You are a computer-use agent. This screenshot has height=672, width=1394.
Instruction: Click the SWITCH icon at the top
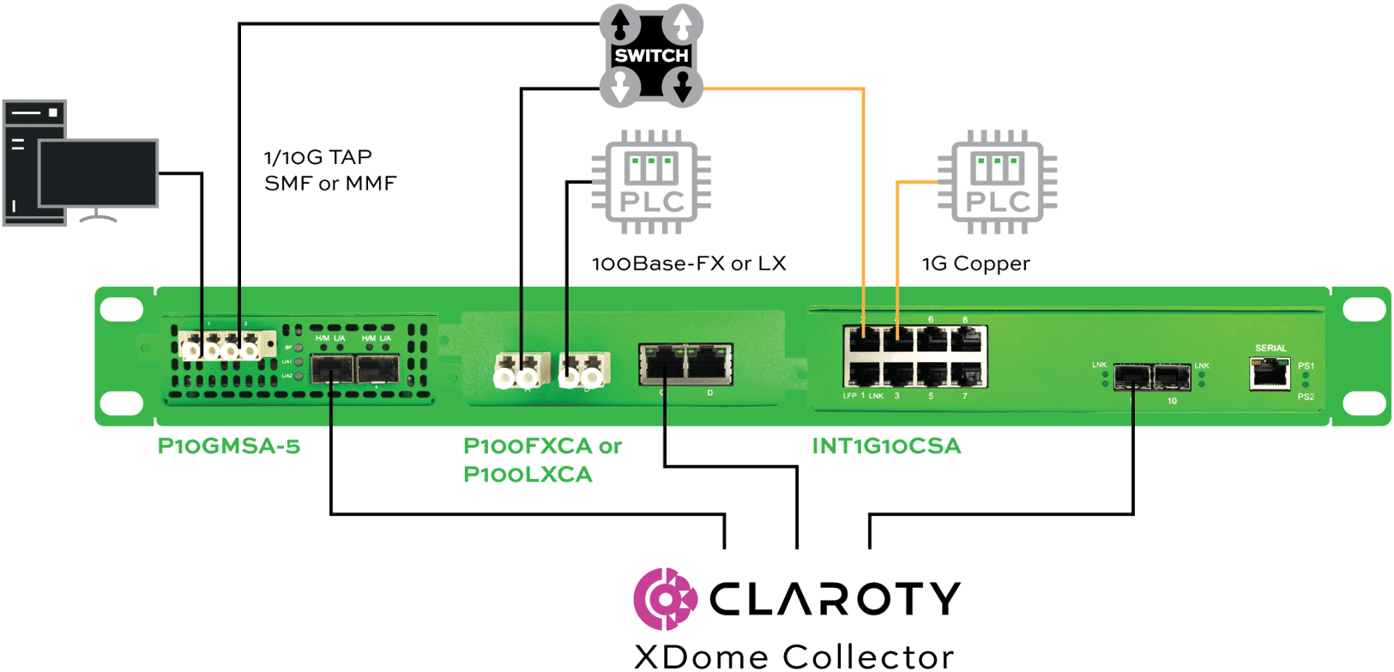pyautogui.click(x=651, y=56)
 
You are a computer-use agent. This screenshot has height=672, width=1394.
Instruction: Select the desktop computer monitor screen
pyautogui.click(x=99, y=173)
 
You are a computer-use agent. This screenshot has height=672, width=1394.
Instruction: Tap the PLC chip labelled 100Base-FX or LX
pyautogui.click(x=652, y=183)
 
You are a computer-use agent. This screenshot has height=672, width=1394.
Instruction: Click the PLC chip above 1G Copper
pyautogui.click(x=998, y=183)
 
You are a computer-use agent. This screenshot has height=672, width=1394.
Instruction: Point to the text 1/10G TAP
pyautogui.click(x=318, y=158)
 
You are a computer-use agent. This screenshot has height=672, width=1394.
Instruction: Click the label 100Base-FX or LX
pyautogui.click(x=689, y=263)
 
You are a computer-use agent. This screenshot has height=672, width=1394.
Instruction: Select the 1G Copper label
pyautogui.click(x=975, y=263)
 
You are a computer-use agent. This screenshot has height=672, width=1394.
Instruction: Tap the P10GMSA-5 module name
pyautogui.click(x=229, y=446)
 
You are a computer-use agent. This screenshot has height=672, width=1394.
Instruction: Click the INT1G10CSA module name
pyautogui.click(x=886, y=446)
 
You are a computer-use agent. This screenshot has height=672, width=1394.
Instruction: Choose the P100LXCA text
pyautogui.click(x=528, y=475)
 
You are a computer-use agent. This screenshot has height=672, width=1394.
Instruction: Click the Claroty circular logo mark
pyautogui.click(x=665, y=598)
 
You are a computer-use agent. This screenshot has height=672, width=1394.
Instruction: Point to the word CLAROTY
pyautogui.click(x=835, y=598)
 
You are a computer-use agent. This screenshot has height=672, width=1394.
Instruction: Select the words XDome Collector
pyautogui.click(x=794, y=657)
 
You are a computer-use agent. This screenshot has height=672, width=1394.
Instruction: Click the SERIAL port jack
pyautogui.click(x=1270, y=372)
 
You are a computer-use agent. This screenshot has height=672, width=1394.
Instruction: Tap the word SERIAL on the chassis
pyautogui.click(x=1270, y=348)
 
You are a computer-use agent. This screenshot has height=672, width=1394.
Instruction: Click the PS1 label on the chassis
pyautogui.click(x=1306, y=366)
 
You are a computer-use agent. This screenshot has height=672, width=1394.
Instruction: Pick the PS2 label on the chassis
pyautogui.click(x=1306, y=397)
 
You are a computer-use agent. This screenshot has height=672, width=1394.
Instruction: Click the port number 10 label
pyautogui.click(x=1172, y=401)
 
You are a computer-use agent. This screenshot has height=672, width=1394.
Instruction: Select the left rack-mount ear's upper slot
pyautogui.click(x=121, y=309)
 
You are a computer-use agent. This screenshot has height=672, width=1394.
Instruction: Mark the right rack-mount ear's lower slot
pyautogui.click(x=1363, y=402)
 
